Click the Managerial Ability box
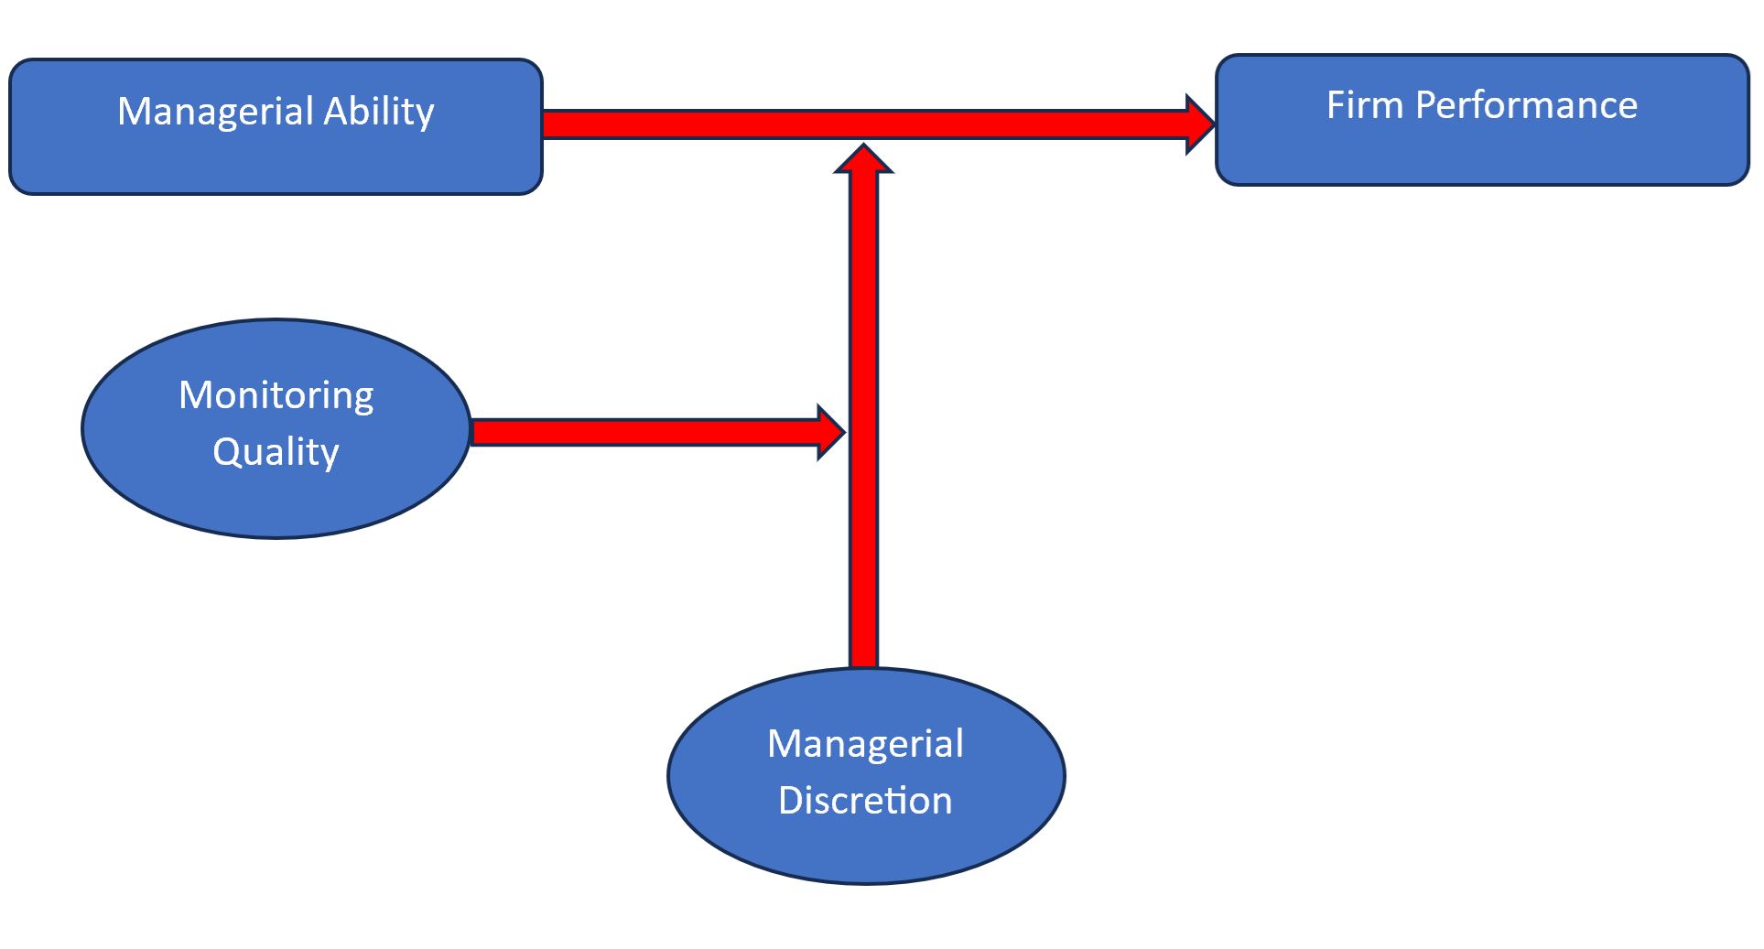point(275,156)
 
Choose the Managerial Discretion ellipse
point(865,847)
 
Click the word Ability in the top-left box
point(378,112)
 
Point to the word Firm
point(1364,105)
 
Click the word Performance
point(1526,105)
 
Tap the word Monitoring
point(276,395)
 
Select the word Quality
point(276,452)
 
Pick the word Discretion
point(865,801)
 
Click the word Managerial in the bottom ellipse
point(865,744)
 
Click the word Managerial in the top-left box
point(215,112)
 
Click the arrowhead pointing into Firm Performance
point(1200,124)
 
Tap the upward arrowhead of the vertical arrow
point(863,159)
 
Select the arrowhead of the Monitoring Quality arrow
point(831,432)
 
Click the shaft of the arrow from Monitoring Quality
point(641,432)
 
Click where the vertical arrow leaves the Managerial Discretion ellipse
point(863,666)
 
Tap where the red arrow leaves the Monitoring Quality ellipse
point(474,432)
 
